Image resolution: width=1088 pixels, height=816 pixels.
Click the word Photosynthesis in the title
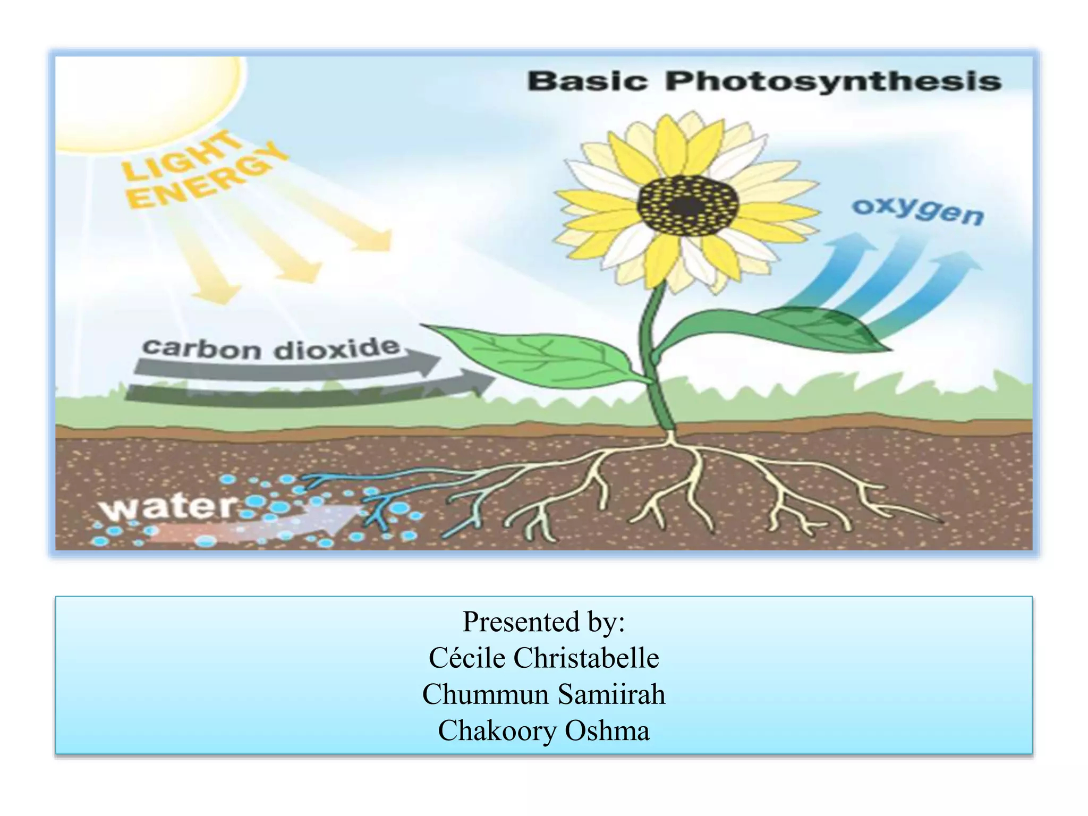click(x=833, y=82)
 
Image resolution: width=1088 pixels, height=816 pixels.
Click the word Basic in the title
click(x=587, y=82)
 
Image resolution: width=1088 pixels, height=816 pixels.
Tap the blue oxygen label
click(x=918, y=211)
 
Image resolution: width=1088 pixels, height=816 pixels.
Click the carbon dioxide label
click(x=271, y=348)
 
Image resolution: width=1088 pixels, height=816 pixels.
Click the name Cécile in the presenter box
click(x=467, y=658)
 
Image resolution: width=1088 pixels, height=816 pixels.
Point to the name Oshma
click(x=607, y=730)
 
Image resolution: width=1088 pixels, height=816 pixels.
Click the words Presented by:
click(x=543, y=621)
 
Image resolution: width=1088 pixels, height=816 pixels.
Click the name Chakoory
click(x=497, y=730)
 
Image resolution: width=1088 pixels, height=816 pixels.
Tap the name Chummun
click(x=486, y=694)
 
